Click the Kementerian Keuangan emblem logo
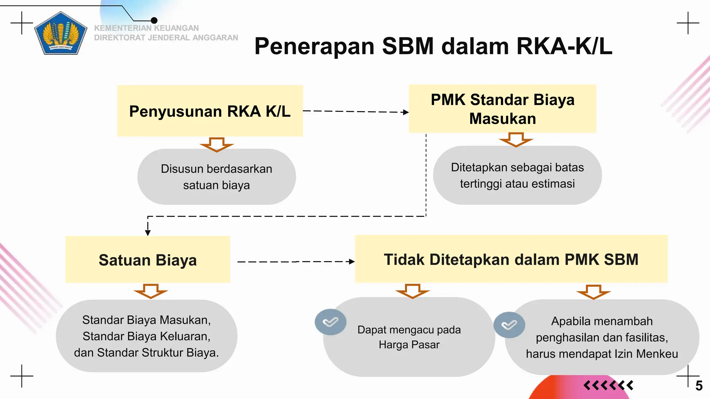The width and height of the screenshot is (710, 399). [61, 34]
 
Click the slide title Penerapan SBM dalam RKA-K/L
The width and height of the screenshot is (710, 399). [433, 46]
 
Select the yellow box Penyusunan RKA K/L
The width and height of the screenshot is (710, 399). [210, 111]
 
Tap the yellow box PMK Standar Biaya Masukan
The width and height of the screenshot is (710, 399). [502, 109]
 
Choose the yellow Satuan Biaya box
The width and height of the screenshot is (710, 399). [148, 260]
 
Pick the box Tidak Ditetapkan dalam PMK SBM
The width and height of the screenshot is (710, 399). [511, 259]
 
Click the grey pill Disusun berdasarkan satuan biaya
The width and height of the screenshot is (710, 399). [216, 177]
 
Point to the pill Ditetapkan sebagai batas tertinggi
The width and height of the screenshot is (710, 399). [517, 175]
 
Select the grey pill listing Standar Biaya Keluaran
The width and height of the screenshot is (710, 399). [146, 336]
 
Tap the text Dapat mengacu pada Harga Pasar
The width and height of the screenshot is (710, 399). [409, 337]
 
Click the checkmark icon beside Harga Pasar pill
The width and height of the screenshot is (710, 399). [330, 322]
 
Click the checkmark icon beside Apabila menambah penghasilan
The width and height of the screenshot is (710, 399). [509, 325]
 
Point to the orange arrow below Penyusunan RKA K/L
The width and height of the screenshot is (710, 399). [217, 144]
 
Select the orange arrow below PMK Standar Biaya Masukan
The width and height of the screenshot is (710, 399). [516, 140]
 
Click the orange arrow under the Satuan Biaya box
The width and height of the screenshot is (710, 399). [151, 291]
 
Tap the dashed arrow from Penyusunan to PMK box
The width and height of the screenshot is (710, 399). [355, 112]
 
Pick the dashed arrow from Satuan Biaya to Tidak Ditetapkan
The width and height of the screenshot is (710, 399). [296, 262]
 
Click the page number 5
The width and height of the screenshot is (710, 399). [699, 386]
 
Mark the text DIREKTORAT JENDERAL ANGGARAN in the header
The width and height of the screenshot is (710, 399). [166, 38]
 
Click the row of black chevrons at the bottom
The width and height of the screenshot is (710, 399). [608, 385]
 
